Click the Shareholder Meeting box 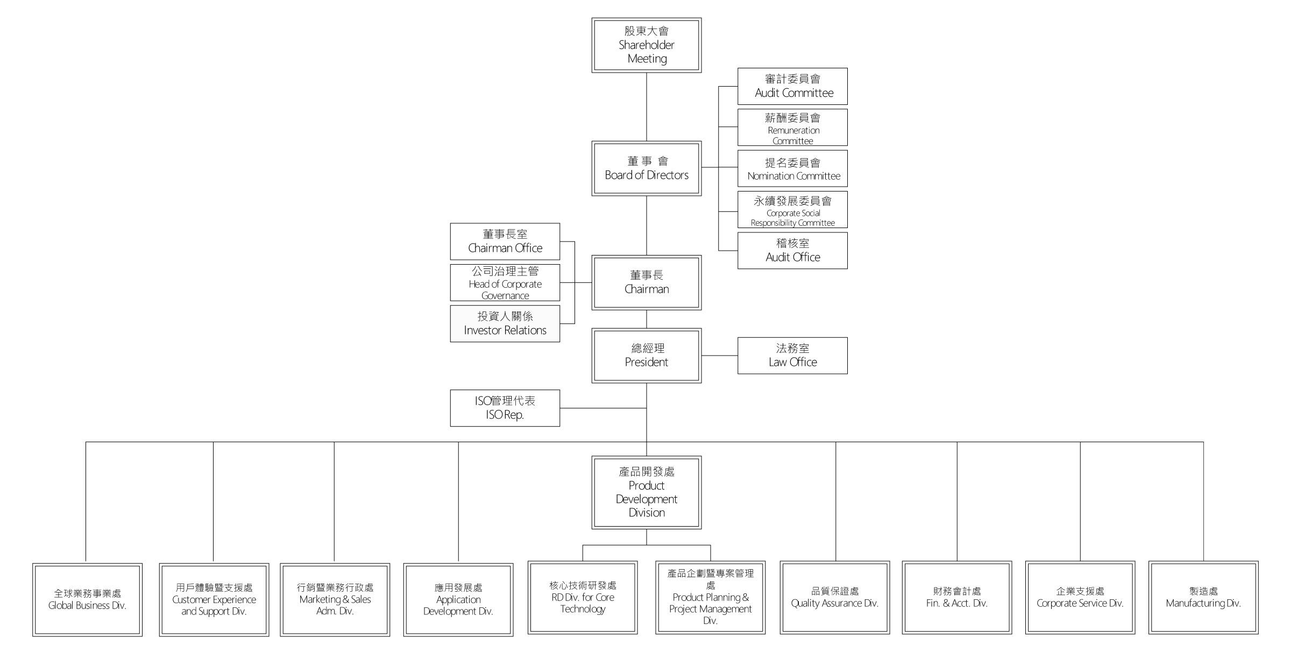coord(646,45)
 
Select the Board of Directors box coord(646,168)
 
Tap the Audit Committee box coord(792,86)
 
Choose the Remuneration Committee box coord(792,127)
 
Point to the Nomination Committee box coord(792,168)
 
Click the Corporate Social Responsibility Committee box coord(792,210)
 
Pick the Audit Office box coord(792,251)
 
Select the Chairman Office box coord(505,242)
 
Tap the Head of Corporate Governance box coord(505,282)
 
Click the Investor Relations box coord(505,324)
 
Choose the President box coord(646,356)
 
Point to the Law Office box coord(792,356)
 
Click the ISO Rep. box coord(505,408)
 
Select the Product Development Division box coord(646,492)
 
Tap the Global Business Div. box coord(87,600)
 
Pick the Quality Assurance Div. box coord(835,598)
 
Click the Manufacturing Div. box coord(1203,598)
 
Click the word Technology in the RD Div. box coord(583,609)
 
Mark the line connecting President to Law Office coord(719,356)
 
